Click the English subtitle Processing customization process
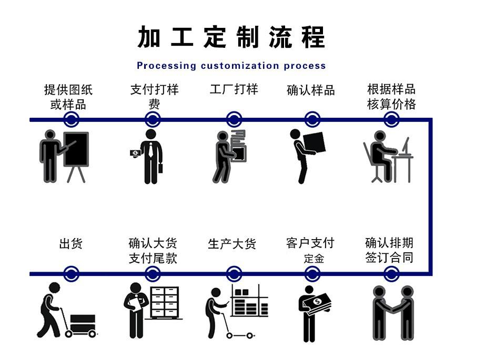[x=231, y=66]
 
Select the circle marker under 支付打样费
[x=152, y=119]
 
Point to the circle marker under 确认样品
[x=312, y=119]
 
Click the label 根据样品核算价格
[x=391, y=97]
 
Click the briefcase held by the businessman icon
[x=160, y=168]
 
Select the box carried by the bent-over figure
[x=314, y=142]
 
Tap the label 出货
[x=71, y=244]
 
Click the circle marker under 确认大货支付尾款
[x=152, y=274]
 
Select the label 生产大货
[x=232, y=244]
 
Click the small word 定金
[x=314, y=259]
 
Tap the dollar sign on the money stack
[x=318, y=302]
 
